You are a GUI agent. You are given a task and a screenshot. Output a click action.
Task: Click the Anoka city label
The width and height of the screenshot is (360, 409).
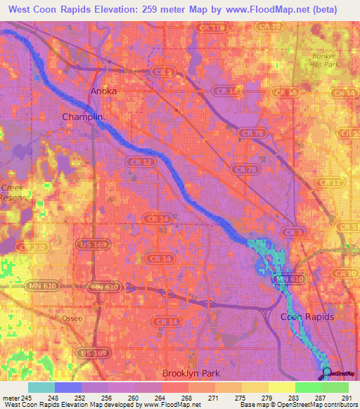pos(103,91)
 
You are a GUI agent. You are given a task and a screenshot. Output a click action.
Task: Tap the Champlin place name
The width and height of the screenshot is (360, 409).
pos(82,117)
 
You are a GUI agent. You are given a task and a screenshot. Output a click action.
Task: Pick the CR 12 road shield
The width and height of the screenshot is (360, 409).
pos(138,162)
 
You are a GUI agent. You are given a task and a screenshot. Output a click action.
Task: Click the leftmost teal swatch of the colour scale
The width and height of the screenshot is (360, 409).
pos(41,387)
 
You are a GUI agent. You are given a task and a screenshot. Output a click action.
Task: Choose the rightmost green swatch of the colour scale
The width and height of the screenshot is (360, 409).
pos(335,387)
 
